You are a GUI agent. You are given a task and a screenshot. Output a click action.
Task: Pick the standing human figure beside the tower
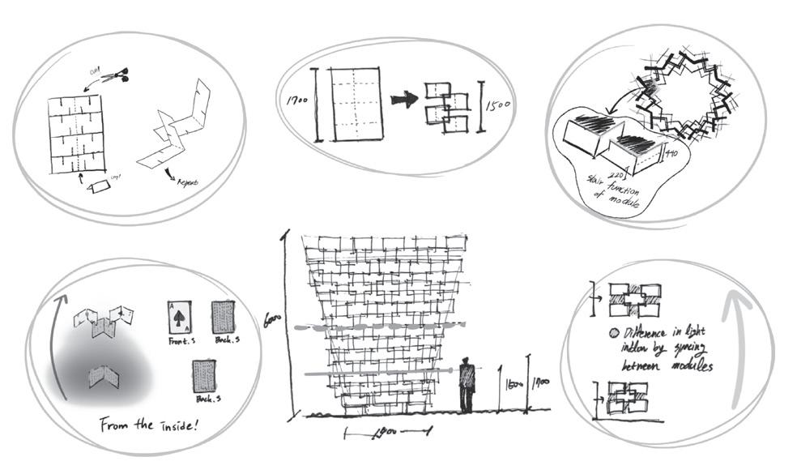467,384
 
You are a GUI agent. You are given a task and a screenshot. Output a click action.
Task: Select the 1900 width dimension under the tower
383,434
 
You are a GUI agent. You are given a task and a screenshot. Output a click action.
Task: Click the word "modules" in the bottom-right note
689,366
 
